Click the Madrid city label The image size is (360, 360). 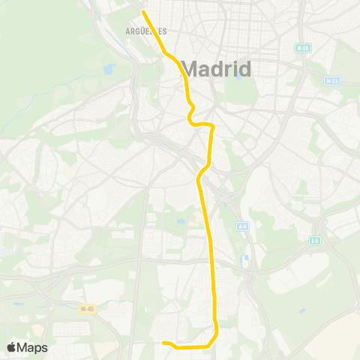point(216,70)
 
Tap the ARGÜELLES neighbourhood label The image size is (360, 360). point(146,31)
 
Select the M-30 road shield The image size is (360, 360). point(302,48)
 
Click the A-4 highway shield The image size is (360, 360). point(242,226)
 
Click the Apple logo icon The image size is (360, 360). point(12,347)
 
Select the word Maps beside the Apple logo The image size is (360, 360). point(33,347)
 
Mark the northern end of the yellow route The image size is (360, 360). point(143,11)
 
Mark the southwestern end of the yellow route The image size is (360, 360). point(163,343)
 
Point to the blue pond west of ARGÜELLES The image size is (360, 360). point(109,69)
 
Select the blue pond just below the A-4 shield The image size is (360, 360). point(245,258)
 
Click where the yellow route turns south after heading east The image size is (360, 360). point(213,127)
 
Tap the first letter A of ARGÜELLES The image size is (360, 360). point(127,31)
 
